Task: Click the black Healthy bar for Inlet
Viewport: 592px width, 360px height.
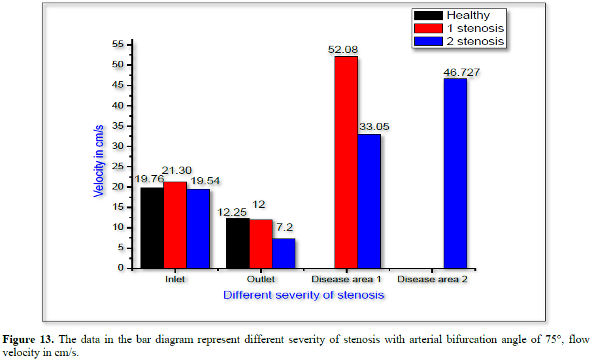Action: [152, 227]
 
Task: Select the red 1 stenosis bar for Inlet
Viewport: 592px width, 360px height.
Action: [175, 225]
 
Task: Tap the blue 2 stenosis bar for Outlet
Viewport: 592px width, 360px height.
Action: [284, 253]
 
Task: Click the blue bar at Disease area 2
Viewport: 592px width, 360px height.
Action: [455, 173]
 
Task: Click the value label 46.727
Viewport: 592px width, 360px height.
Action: [461, 72]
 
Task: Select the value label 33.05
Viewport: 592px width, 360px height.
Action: [373, 127]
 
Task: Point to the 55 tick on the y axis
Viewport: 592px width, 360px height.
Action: [118, 44]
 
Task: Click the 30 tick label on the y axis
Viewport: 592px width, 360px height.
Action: [118, 146]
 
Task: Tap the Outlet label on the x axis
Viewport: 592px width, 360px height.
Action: [261, 280]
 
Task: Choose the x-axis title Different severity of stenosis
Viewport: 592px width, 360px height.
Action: [303, 295]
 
